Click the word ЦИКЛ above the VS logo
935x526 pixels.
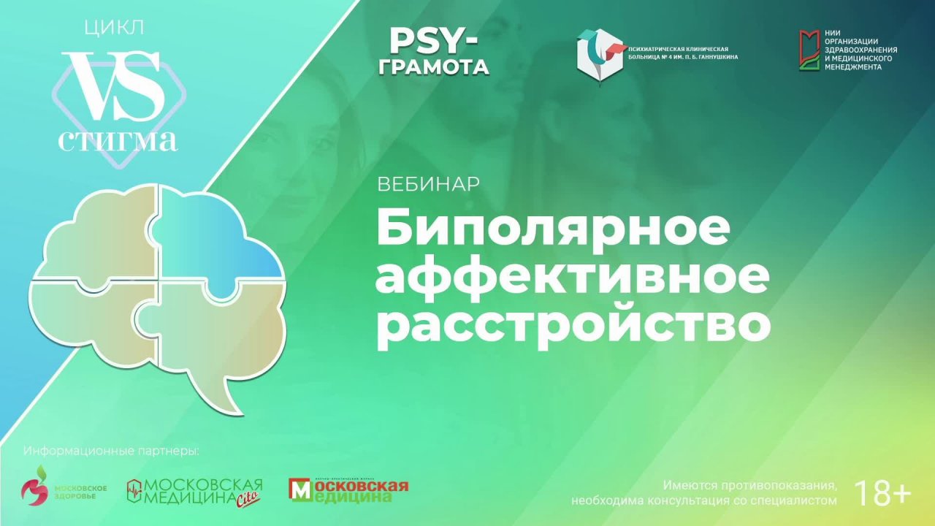pos(115,28)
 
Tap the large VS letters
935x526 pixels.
pos(114,87)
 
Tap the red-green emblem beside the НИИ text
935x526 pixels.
pos(807,50)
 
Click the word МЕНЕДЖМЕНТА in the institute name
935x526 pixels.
pos(852,66)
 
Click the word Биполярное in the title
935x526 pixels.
pos(553,229)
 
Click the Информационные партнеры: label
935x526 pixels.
pos(111,451)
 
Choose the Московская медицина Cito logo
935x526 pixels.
pos(194,492)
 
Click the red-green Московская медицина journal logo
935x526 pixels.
pos(348,490)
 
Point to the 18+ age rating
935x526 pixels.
pos(882,494)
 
